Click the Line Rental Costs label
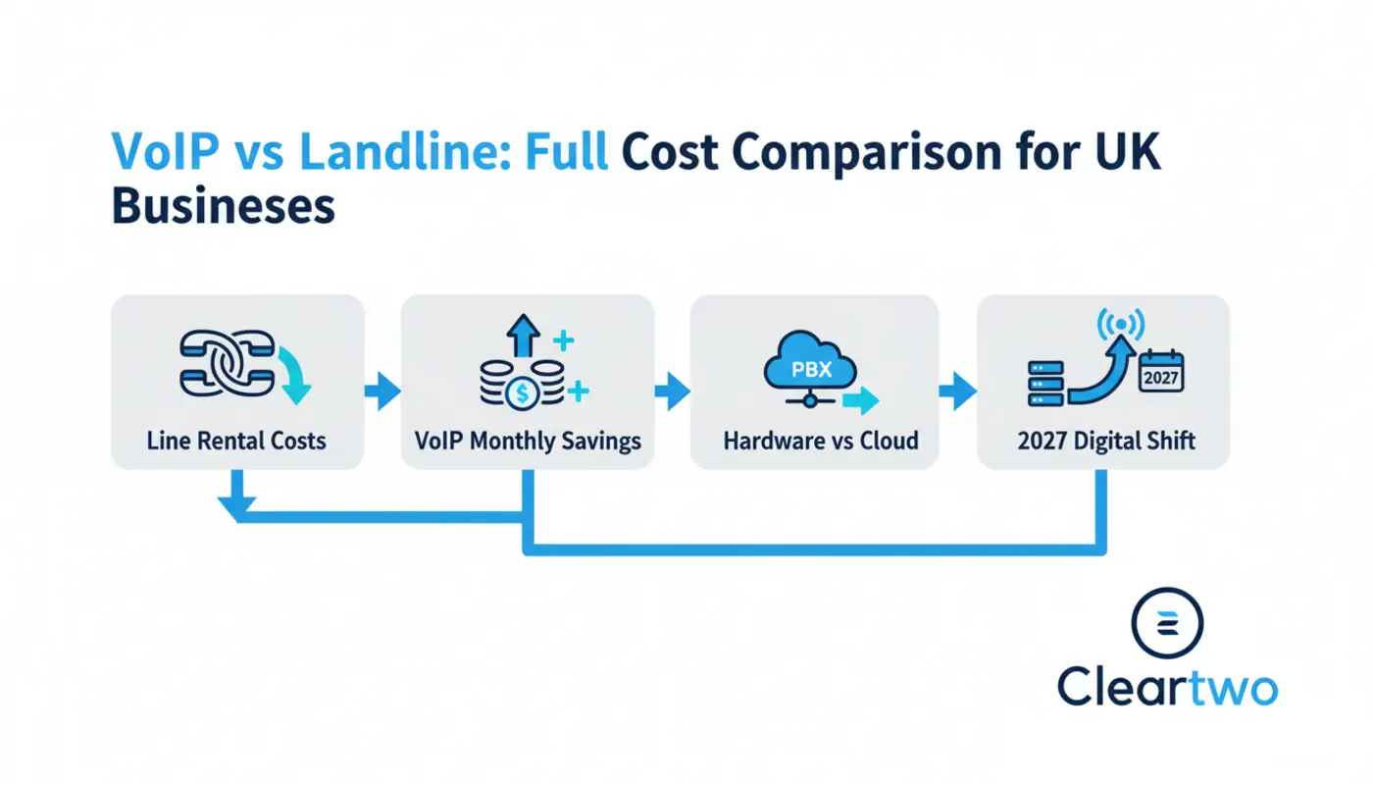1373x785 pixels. [x=236, y=441]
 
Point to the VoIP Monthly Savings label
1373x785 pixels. [x=528, y=441]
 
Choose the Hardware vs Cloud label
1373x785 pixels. [x=820, y=441]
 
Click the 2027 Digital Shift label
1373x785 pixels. [x=1106, y=441]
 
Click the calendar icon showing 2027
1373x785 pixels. [x=1161, y=372]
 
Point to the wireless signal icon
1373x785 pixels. [x=1121, y=324]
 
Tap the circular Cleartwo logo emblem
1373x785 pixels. [x=1167, y=623]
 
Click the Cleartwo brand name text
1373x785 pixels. [x=1167, y=687]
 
